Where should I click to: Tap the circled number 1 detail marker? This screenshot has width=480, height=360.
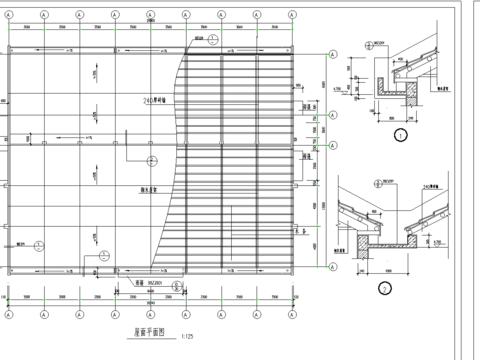click(400, 134)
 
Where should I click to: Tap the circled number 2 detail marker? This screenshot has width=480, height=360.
click(384, 291)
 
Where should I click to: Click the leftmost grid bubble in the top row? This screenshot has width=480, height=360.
click(9, 15)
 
